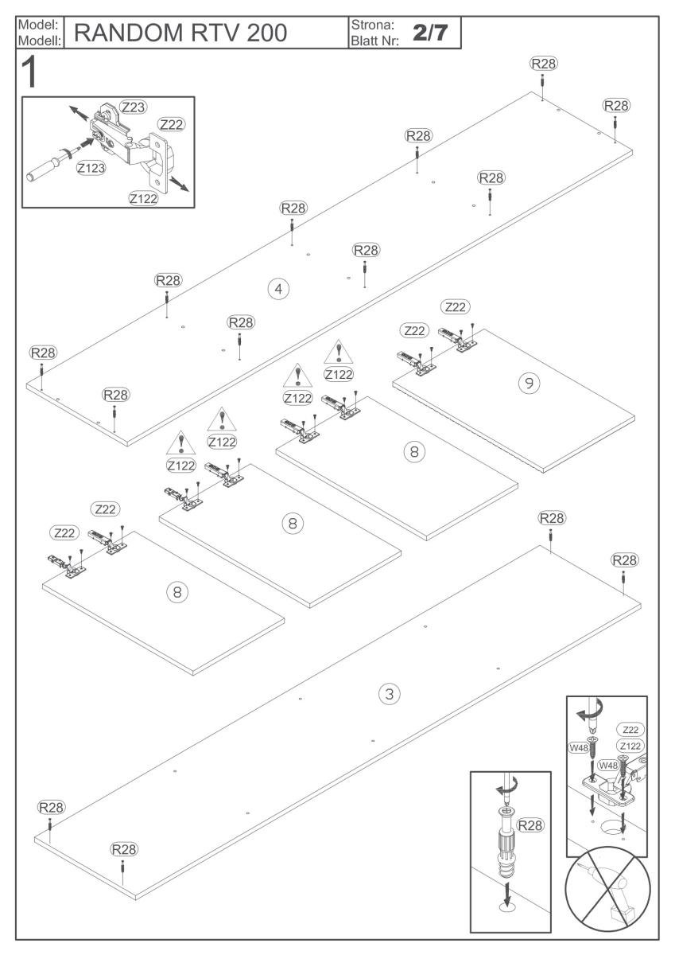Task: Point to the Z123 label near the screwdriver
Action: [92, 168]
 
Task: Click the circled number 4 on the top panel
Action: [277, 288]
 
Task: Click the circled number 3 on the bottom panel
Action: [388, 694]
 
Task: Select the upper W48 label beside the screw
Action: [578, 747]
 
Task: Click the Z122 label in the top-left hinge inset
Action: [143, 198]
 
